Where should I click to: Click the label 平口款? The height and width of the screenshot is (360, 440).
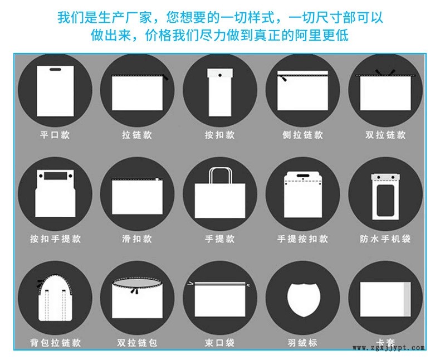pos(55,135)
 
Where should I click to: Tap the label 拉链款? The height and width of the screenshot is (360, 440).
pos(137,135)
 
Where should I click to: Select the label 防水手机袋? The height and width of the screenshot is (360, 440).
pos(385,239)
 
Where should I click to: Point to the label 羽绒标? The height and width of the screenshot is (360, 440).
pos(302,343)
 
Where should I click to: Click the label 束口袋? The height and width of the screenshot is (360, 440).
pos(219,343)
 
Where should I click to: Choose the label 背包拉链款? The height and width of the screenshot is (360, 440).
pos(55,343)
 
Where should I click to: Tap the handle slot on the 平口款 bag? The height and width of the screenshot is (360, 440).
pos(55,69)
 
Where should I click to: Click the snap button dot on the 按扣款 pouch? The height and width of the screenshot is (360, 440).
pos(220,75)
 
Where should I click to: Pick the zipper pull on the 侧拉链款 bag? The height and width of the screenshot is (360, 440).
pos(284,79)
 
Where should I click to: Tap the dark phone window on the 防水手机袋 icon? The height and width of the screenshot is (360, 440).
pos(385,200)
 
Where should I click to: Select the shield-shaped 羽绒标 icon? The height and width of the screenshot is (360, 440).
pos(304,300)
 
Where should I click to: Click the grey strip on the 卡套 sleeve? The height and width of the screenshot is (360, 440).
pos(407,299)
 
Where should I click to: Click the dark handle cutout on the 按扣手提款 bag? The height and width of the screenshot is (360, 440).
pos(56,176)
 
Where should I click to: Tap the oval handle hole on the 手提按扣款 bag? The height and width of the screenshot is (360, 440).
pos(303,176)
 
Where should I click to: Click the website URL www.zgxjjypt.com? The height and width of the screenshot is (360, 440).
pos(389,348)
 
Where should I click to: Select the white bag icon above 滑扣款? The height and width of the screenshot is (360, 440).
pos(137,197)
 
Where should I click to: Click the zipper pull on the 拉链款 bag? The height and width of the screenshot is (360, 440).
pos(165,77)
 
